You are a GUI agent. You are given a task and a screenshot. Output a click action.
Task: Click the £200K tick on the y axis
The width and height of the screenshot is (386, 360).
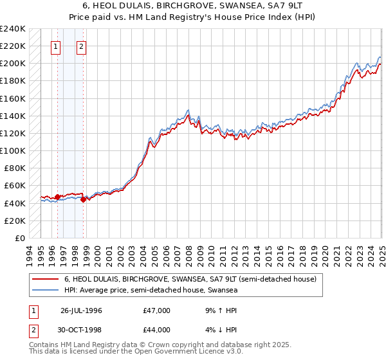tap(13, 63)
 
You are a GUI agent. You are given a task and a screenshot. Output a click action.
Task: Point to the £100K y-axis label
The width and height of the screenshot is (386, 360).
tap(13, 150)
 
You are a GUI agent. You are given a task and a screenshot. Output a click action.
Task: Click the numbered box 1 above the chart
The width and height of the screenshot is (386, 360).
tap(55, 46)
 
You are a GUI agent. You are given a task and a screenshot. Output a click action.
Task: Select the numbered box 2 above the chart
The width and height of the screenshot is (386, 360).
tap(82, 46)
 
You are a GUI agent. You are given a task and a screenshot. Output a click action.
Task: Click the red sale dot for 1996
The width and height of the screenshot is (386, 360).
tap(57, 197)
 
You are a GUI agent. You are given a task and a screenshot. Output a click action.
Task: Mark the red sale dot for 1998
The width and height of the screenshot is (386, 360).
tap(83, 199)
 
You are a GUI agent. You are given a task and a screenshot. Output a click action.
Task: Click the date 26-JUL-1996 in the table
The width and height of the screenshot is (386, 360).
tap(82, 310)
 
